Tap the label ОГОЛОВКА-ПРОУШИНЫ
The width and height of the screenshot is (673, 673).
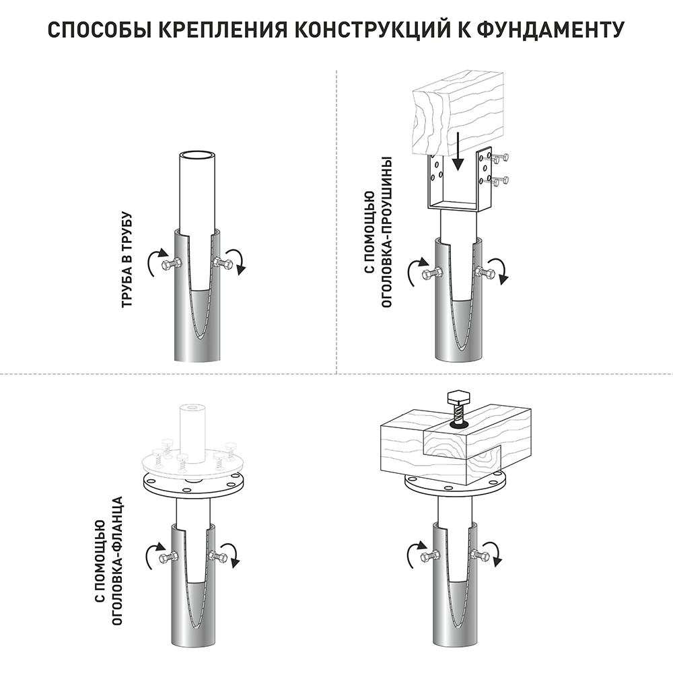tap(387, 232)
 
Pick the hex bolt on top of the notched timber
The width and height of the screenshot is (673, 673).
tap(458, 403)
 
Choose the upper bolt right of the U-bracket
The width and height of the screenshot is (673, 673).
tap(501, 159)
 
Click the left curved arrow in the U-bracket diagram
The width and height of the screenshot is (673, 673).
tap(413, 271)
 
